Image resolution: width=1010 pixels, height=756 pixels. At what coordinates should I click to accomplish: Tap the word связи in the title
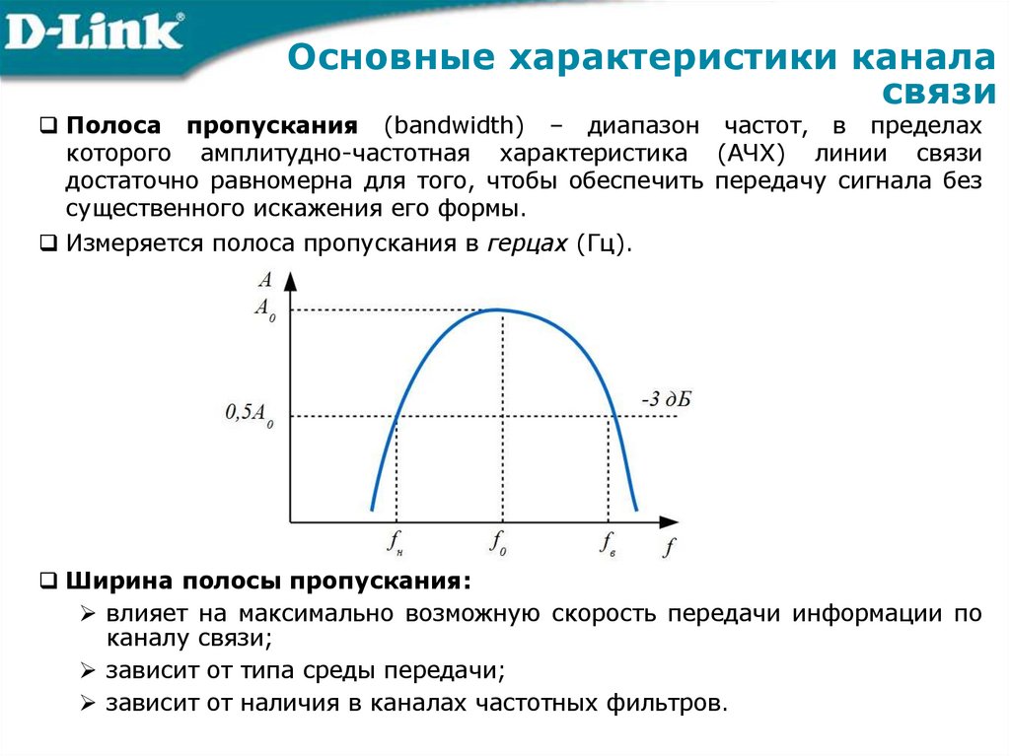(936, 92)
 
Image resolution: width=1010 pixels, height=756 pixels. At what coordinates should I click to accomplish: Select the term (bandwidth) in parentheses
(455, 127)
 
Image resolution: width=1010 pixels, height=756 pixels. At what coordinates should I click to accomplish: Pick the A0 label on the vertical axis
(264, 309)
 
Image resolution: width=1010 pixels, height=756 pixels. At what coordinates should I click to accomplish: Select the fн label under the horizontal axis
(396, 540)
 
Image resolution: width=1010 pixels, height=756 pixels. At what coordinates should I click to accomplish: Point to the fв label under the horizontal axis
(608, 540)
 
